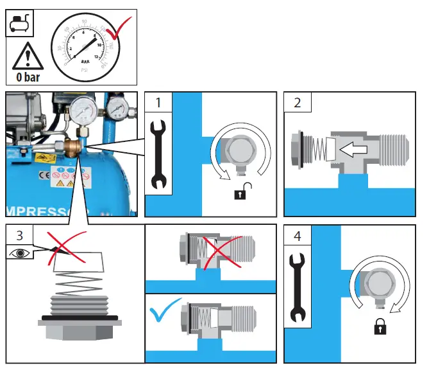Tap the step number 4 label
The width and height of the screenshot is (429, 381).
coord(297,236)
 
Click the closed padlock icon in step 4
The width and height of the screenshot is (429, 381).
coord(380,327)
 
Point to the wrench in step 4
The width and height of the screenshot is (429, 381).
coord(297,289)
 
